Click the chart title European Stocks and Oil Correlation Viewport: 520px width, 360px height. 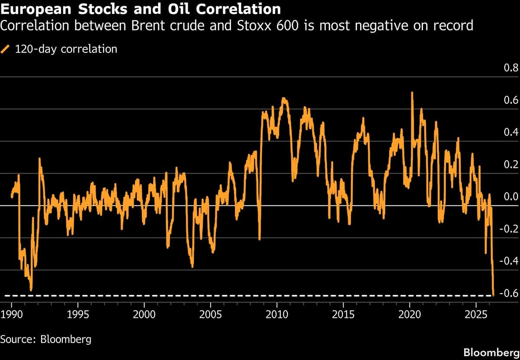click(140, 9)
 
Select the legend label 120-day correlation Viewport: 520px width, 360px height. click(66, 49)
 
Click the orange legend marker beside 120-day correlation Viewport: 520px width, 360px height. click(6, 49)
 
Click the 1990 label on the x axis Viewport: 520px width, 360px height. click(11, 314)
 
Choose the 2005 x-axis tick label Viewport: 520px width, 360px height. click(211, 314)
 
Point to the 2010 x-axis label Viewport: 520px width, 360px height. click(277, 314)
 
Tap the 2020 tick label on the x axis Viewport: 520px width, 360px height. click(410, 314)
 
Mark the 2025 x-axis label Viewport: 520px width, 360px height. click(476, 314)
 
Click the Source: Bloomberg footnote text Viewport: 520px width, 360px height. click(46, 339)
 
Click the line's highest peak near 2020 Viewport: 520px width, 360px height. click(412, 93)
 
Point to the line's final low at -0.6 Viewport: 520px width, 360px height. click(494, 295)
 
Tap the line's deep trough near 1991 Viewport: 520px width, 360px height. click(31, 289)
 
